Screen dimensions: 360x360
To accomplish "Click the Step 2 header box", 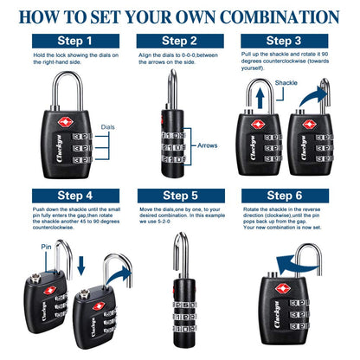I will tap(180, 41).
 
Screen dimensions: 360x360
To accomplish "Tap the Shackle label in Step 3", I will tap(286, 83).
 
